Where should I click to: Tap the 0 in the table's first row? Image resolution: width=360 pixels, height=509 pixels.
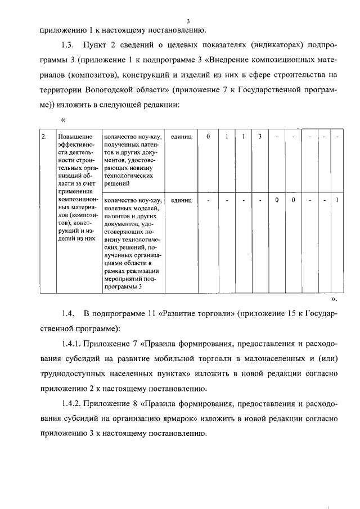[208, 137]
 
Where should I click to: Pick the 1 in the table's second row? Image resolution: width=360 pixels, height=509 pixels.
[336, 200]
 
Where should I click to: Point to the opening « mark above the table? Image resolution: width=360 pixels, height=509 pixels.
[63, 119]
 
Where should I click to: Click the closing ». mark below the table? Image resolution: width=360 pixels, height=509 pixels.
[334, 300]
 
